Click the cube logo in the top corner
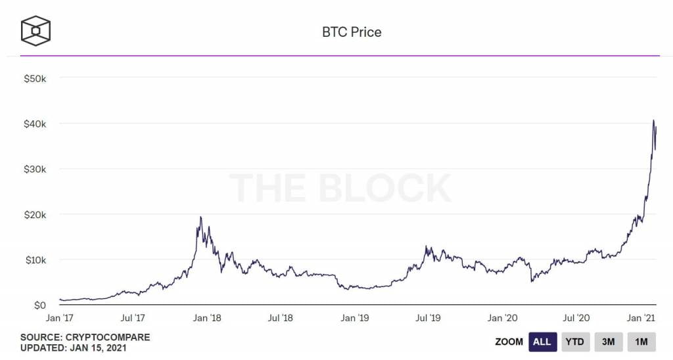pos(35,30)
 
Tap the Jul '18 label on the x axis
pos(281,318)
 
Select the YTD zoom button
pos(575,342)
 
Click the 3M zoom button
pos(609,342)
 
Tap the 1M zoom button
pos(641,342)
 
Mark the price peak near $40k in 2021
pos(653,120)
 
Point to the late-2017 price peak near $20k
pos(200,217)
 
